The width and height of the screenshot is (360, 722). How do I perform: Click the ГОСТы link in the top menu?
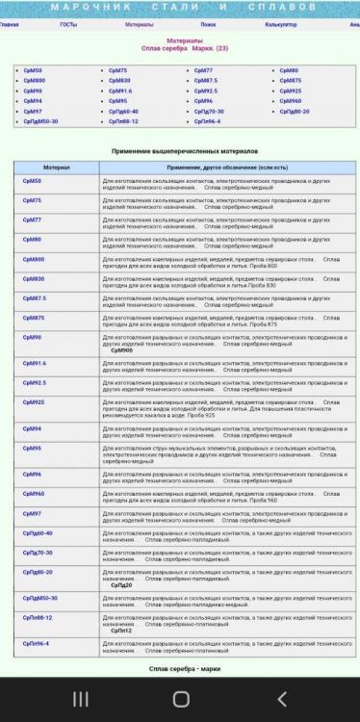pos(68,23)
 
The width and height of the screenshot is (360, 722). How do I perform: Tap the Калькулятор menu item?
pos(280,23)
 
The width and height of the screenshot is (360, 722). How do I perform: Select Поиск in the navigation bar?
pos(208,23)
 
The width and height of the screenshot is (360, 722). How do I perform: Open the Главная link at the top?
pos(9,23)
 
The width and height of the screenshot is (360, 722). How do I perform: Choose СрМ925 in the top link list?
pos(291,90)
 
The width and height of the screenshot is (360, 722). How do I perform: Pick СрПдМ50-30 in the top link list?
pos(40,122)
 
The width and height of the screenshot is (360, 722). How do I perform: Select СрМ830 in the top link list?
pos(119,81)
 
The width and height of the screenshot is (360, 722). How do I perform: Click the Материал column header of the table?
pos(57,167)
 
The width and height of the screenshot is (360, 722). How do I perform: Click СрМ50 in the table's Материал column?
pos(33,180)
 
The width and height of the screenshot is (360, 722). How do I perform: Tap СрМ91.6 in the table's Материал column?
pos(35,363)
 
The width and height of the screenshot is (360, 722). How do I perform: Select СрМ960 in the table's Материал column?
pos(34,494)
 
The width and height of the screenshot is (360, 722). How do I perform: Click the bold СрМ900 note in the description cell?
pos(122,350)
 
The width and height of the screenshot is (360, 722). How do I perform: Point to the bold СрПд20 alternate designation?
pos(121,584)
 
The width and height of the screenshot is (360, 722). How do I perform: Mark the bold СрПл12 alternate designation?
pos(121,631)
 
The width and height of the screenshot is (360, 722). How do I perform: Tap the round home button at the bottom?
pos(180,700)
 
